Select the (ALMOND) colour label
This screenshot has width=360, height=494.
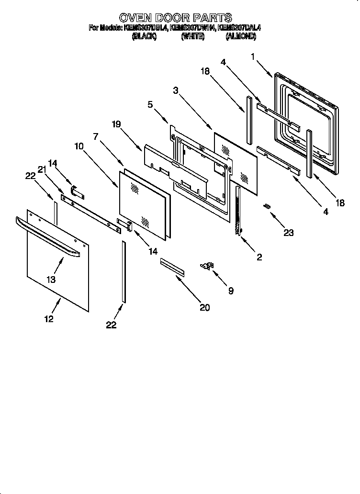click(x=241, y=36)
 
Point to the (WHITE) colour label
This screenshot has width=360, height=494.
click(x=193, y=36)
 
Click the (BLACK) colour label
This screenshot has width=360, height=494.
click(x=144, y=36)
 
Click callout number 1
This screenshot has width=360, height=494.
click(x=253, y=56)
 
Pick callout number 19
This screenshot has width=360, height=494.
click(x=116, y=124)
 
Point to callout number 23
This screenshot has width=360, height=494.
click(x=288, y=233)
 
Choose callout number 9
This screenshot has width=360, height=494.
click(x=231, y=291)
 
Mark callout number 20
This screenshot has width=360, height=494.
click(x=204, y=307)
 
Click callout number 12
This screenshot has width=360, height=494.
click(x=49, y=319)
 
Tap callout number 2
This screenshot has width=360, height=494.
click(x=259, y=257)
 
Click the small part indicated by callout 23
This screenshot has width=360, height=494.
click(x=267, y=206)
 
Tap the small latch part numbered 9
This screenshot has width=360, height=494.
click(x=207, y=266)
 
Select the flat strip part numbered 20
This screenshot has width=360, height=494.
click(x=172, y=266)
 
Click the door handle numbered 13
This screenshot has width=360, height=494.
click(x=48, y=237)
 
